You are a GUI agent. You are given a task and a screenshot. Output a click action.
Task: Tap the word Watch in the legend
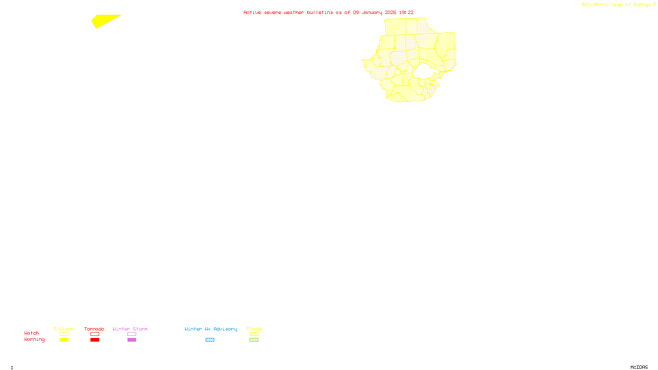[32, 333]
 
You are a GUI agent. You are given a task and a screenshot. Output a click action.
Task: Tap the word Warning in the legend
[35, 340]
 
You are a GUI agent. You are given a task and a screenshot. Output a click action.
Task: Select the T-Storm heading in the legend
[63, 329]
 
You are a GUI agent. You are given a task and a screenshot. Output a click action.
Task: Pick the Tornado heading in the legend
[94, 329]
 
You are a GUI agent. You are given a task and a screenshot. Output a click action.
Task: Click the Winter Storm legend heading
[130, 329]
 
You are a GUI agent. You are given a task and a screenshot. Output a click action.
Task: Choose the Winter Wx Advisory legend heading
[211, 329]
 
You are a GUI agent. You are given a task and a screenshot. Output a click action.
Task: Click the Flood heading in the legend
[254, 329]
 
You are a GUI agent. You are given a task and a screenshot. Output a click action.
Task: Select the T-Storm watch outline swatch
[64, 334]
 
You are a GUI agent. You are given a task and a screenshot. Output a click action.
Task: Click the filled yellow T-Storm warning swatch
[64, 340]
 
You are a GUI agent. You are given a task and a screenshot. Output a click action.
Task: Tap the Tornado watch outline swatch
[95, 334]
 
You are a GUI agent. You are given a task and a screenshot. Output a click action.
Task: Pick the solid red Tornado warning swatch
[95, 340]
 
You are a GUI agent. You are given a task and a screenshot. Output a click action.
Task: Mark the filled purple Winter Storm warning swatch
[132, 340]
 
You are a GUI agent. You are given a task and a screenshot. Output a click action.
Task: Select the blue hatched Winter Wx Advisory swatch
[210, 340]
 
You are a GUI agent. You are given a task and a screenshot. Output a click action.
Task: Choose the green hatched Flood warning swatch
[254, 340]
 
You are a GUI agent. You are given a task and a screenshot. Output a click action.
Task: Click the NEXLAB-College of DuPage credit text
[616, 5]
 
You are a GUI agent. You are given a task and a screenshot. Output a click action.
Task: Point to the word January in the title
[372, 12]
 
